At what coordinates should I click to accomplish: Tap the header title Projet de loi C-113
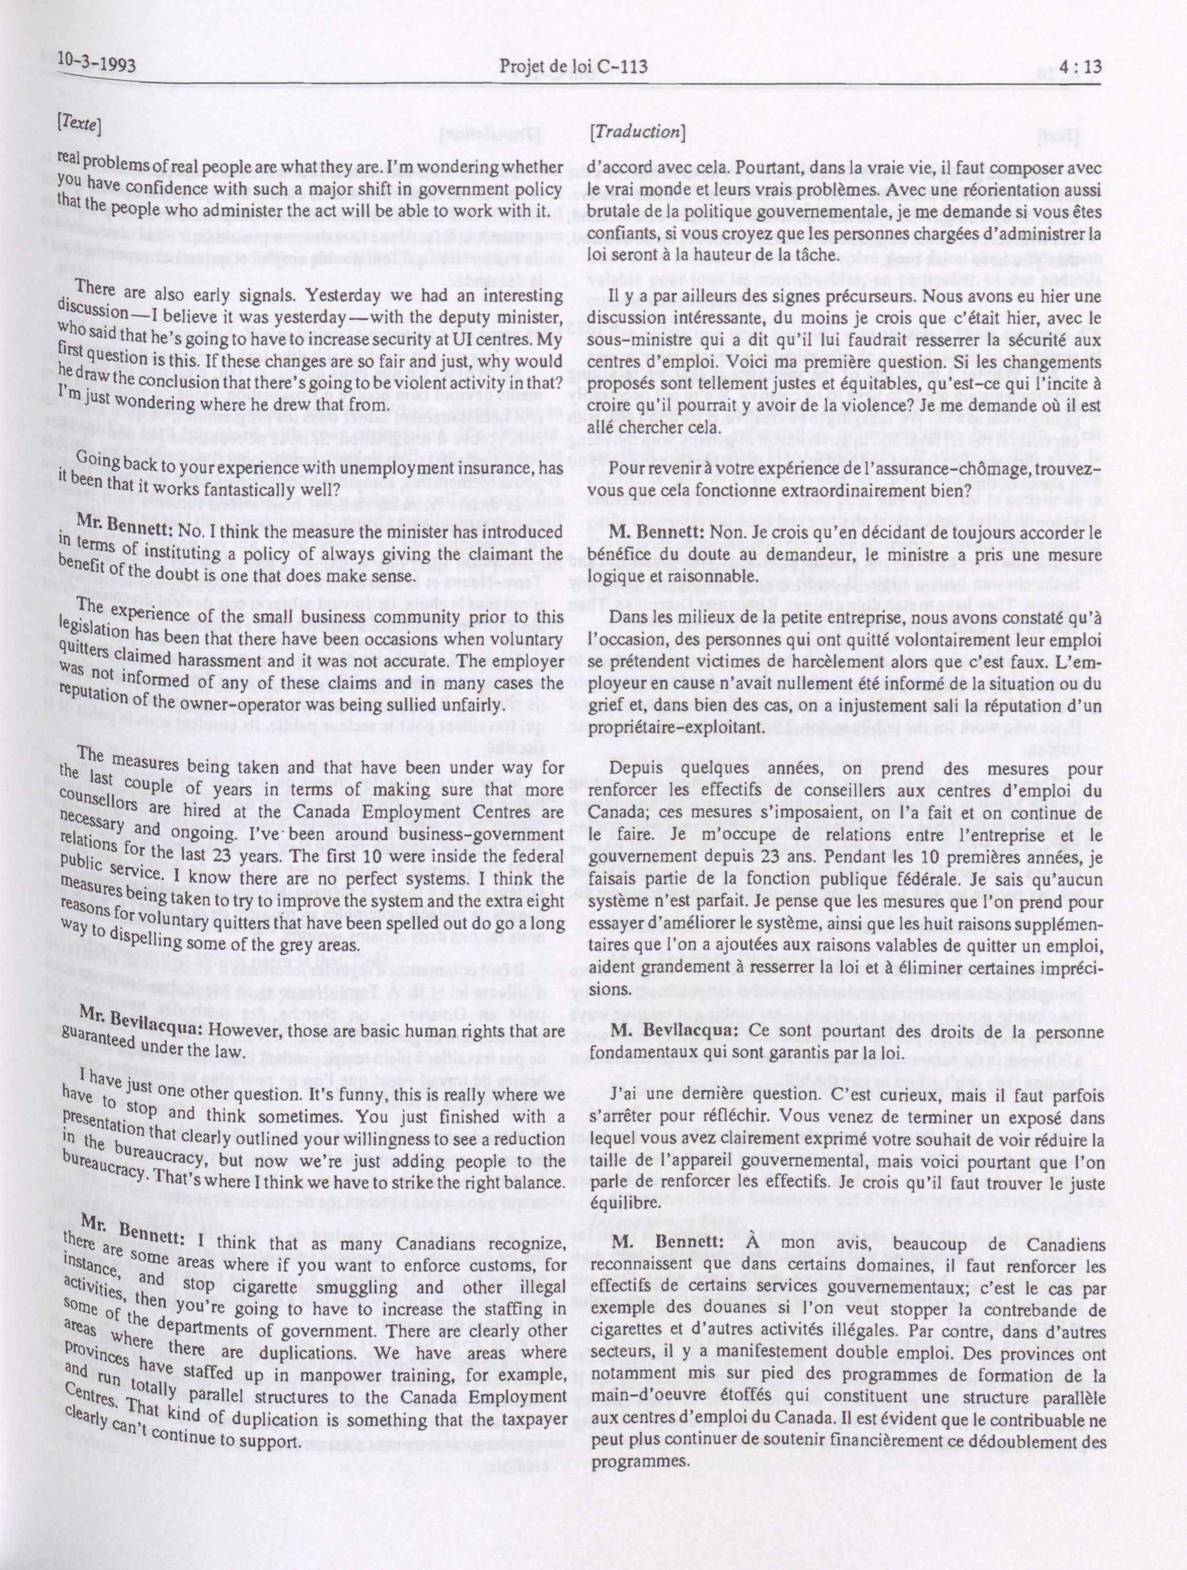[x=573, y=67]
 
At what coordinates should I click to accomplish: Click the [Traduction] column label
[x=637, y=131]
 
